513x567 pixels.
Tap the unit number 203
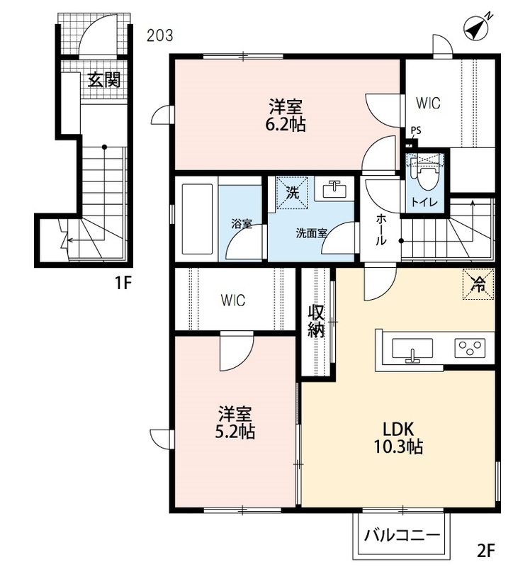[160, 35]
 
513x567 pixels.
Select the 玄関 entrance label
[104, 79]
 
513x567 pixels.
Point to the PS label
[416, 130]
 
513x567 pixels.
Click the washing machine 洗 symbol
[292, 192]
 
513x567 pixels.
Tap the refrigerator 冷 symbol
[478, 284]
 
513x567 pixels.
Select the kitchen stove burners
[470, 348]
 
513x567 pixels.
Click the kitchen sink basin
[412, 349]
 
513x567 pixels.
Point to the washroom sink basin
[334, 189]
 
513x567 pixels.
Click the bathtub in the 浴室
[197, 219]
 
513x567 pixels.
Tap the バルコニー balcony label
[402, 535]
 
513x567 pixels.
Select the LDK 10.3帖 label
[398, 438]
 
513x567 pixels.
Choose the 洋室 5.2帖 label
[235, 422]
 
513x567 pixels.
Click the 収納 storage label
[315, 321]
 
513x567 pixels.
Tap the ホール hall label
[380, 229]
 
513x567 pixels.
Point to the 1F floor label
[123, 283]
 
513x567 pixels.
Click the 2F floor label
[485, 551]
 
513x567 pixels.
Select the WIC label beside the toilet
[428, 103]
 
